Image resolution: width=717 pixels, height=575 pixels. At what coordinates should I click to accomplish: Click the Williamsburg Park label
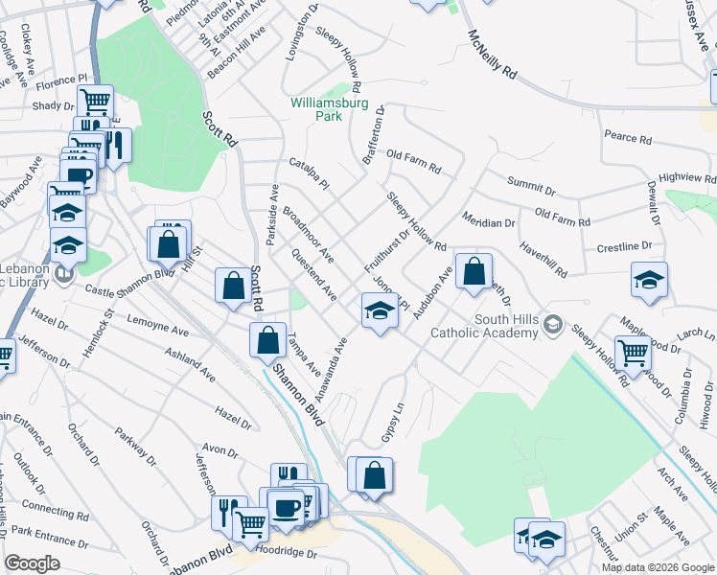click(316, 107)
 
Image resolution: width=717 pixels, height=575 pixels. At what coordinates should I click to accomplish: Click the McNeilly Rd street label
click(493, 54)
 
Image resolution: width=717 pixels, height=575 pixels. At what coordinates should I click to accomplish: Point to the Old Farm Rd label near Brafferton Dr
click(413, 161)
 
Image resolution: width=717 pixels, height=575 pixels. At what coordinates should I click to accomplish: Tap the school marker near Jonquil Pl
click(380, 310)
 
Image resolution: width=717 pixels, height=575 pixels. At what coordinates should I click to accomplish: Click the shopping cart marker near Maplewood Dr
click(633, 354)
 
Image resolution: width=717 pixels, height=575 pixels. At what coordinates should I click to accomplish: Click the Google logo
click(32, 563)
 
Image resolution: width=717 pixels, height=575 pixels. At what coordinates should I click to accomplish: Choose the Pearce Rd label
click(628, 138)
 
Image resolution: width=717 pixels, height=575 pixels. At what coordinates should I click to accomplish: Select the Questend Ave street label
click(313, 275)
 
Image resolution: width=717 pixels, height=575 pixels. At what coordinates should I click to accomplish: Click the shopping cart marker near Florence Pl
click(95, 100)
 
